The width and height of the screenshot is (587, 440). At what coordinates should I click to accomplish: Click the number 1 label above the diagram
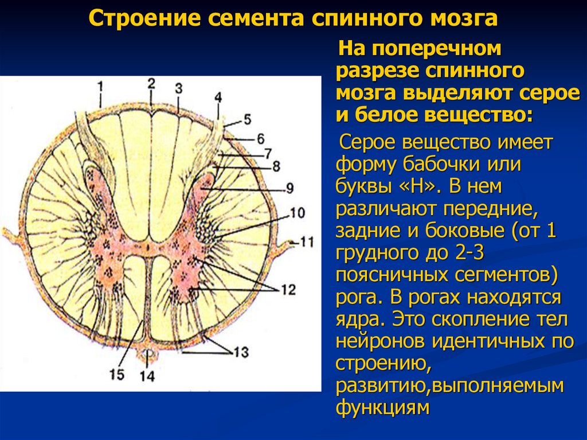pyautogui.click(x=100, y=87)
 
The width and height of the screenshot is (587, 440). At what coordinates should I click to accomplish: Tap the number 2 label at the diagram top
pyautogui.click(x=151, y=83)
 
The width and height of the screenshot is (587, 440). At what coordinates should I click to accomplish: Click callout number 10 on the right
pyautogui.click(x=296, y=212)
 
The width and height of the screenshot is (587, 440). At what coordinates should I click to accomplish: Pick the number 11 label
pyautogui.click(x=307, y=242)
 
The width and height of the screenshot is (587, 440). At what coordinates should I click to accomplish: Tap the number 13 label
pyautogui.click(x=241, y=351)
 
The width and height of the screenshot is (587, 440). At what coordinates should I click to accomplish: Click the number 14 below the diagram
pyautogui.click(x=148, y=376)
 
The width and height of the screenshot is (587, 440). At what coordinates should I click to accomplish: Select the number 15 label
pyautogui.click(x=117, y=373)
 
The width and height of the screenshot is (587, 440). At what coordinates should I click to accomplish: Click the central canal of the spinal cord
pyautogui.click(x=148, y=251)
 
